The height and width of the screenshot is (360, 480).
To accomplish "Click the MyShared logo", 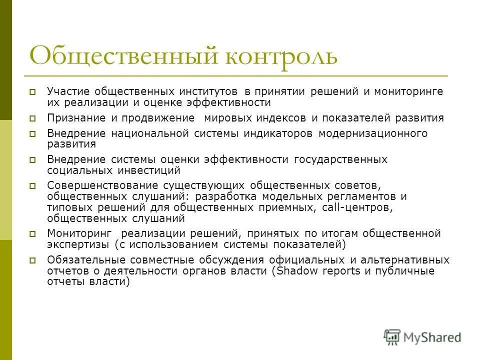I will (x=422, y=336).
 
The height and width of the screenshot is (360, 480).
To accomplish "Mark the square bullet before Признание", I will (x=32, y=119).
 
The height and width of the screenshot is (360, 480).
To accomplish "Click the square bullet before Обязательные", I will (x=32, y=260).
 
